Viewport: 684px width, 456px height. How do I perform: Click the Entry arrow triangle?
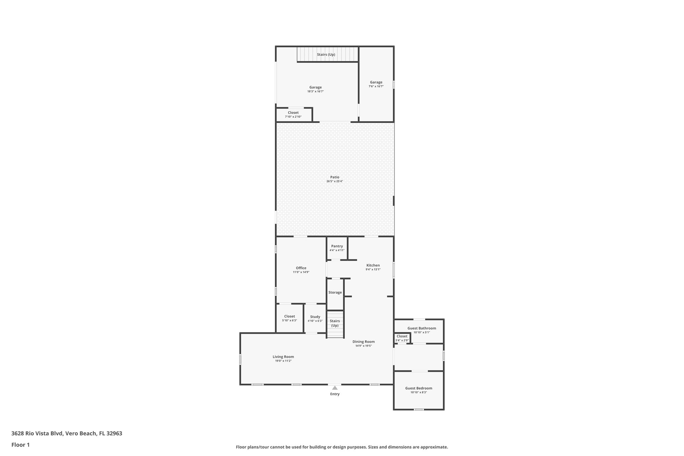click(x=335, y=388)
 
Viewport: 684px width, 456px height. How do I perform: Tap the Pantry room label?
click(x=337, y=246)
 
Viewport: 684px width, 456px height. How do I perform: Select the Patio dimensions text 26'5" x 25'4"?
click(x=335, y=181)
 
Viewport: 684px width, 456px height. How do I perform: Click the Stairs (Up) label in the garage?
click(x=326, y=54)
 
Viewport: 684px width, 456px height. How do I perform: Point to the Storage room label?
click(x=335, y=292)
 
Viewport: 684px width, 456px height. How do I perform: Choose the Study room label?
click(x=315, y=317)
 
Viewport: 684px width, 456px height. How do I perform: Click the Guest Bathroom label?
click(x=421, y=328)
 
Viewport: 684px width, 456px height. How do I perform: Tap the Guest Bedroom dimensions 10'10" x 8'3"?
click(x=418, y=392)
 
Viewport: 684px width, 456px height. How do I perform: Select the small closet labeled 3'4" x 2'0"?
click(x=402, y=338)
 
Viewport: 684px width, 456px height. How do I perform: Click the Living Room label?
click(x=283, y=356)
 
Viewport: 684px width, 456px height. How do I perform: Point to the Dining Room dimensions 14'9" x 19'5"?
click(x=363, y=346)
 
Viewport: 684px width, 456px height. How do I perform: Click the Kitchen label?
click(x=373, y=265)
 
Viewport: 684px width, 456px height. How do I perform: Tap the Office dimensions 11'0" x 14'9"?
click(x=301, y=272)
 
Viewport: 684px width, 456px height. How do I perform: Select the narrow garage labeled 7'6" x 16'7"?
click(x=376, y=84)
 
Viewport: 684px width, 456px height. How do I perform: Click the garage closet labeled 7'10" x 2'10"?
click(x=293, y=115)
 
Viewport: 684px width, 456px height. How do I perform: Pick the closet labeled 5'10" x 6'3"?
click(x=289, y=318)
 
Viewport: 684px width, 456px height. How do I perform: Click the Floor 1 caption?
click(x=20, y=445)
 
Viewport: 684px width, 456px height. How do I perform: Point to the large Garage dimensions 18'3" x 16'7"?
click(x=315, y=91)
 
